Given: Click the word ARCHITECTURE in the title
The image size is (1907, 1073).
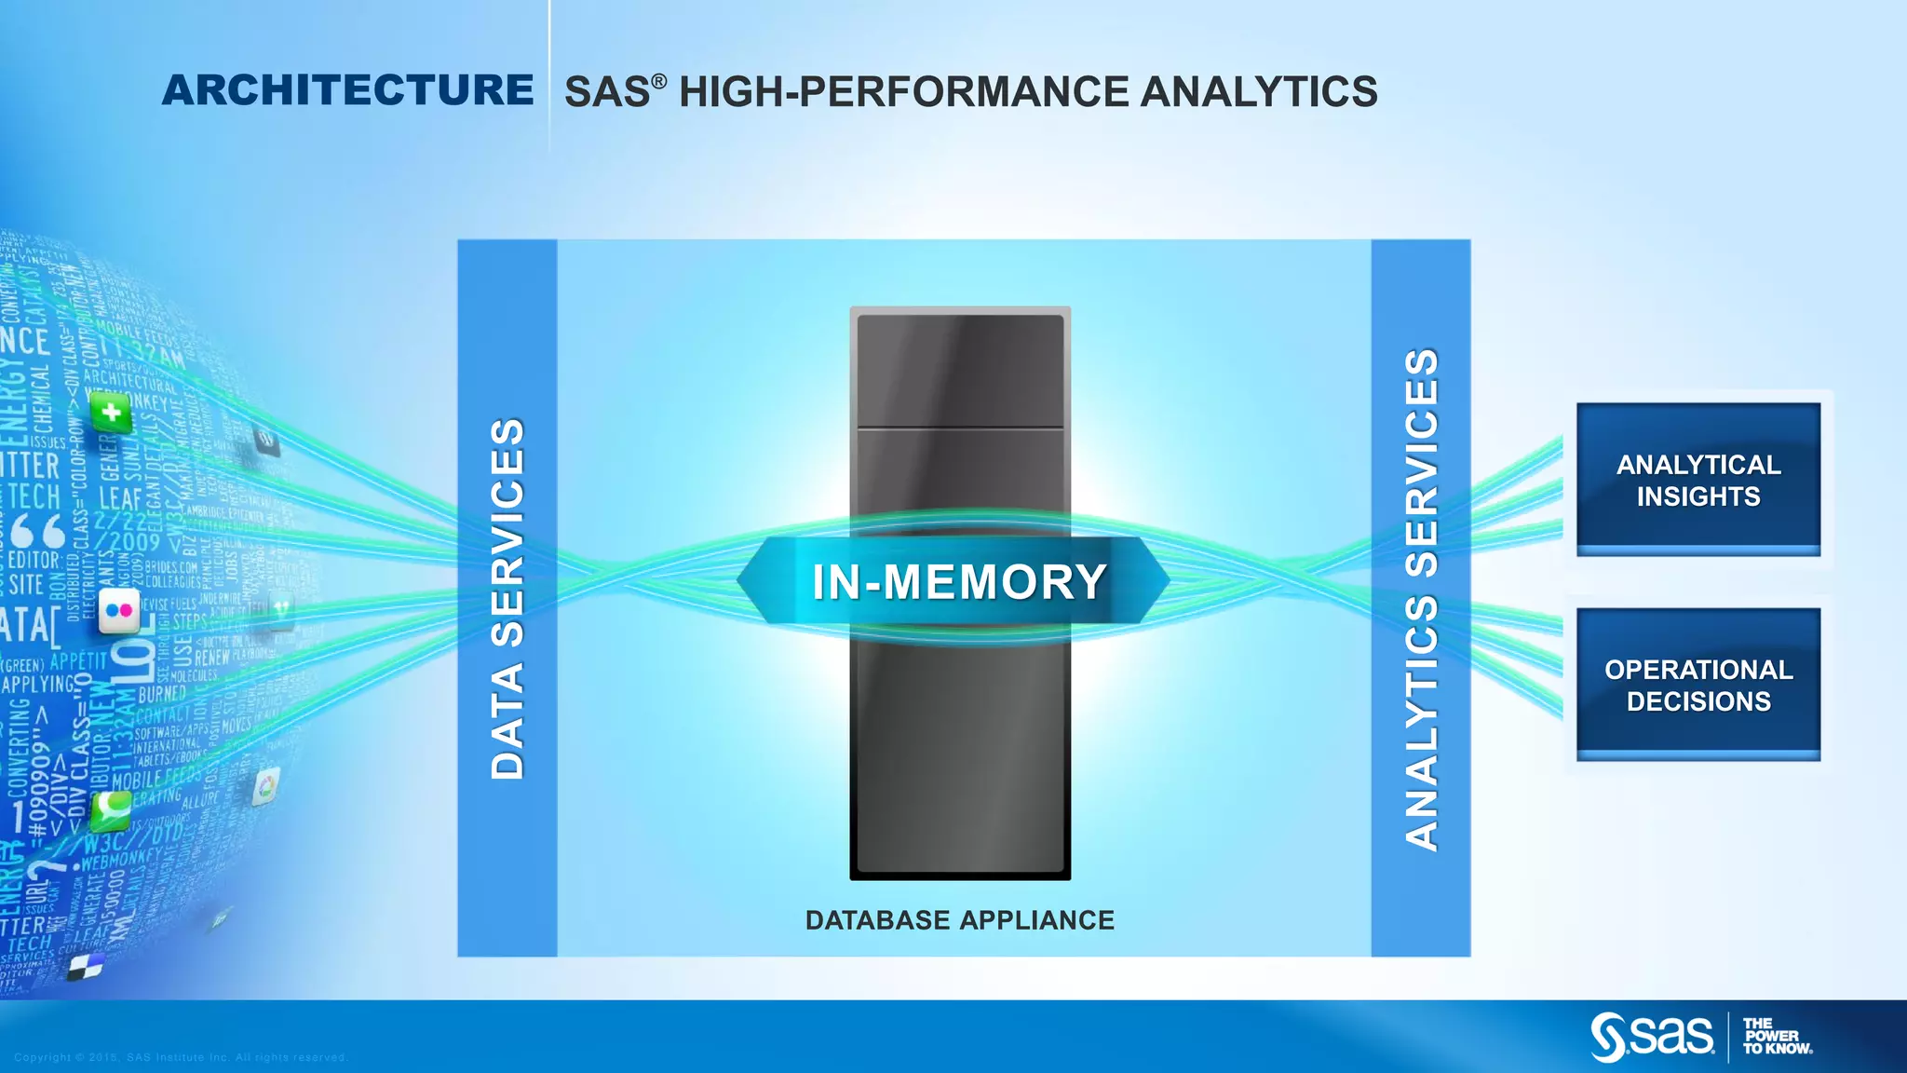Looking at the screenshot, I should pyautogui.click(x=347, y=90).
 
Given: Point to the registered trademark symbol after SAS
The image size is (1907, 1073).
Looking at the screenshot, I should pyautogui.click(x=658, y=82).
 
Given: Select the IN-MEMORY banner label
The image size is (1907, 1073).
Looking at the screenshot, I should pyautogui.click(x=959, y=582).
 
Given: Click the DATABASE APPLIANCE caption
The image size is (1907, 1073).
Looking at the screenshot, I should pyautogui.click(x=959, y=920).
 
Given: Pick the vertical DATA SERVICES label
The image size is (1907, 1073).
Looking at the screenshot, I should pyautogui.click(x=507, y=598).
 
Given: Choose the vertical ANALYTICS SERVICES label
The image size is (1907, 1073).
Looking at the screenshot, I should pyautogui.click(x=1421, y=598).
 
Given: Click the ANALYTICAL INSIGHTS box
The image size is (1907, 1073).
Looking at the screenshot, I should pyautogui.click(x=1697, y=479).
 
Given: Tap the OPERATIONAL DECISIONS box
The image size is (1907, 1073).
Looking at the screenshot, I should pyautogui.click(x=1697, y=685).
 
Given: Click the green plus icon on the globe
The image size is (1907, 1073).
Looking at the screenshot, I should pyautogui.click(x=111, y=412).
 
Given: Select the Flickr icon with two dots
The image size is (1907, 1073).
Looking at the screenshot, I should pyautogui.click(x=119, y=611).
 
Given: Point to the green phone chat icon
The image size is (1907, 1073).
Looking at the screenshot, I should pyautogui.click(x=111, y=809).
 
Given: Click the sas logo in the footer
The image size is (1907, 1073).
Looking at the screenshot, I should pyautogui.click(x=1652, y=1037).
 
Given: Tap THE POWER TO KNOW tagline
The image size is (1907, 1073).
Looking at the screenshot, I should pyautogui.click(x=1776, y=1037).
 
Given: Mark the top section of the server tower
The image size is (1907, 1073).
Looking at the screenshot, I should pyautogui.click(x=960, y=371).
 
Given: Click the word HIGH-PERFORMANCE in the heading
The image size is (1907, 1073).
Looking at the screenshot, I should pyautogui.click(x=903, y=92).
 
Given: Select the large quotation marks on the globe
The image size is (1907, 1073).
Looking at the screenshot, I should pyautogui.click(x=37, y=531).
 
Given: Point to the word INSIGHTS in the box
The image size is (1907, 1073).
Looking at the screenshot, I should pyautogui.click(x=1698, y=496).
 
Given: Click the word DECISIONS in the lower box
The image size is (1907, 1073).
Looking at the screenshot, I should pyautogui.click(x=1698, y=701).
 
